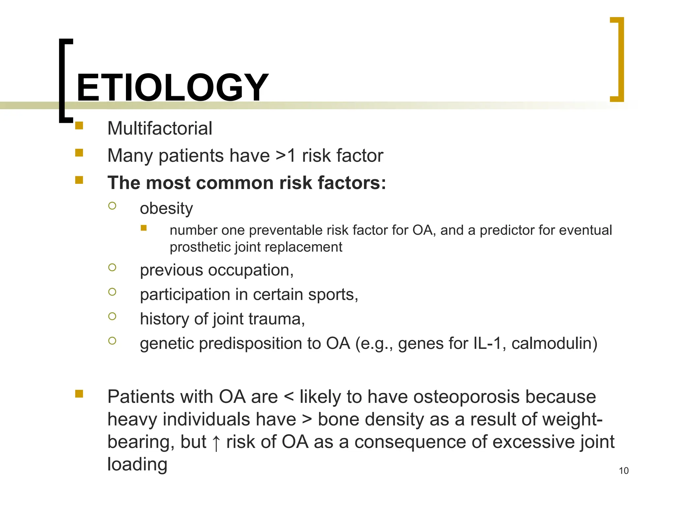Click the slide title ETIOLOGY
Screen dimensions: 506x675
(172, 88)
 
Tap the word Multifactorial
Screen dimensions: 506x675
(160, 128)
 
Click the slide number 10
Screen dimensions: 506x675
(624, 470)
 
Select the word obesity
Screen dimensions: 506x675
(166, 209)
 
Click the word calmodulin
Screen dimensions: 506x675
(554, 343)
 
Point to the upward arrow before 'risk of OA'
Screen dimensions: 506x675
(216, 442)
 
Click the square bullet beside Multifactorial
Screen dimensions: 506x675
(79, 126)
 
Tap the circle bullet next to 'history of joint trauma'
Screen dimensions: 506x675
(112, 316)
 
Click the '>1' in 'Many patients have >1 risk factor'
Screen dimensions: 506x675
(285, 155)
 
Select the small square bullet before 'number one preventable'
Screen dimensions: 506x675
(143, 228)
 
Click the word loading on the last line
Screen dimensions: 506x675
(137, 464)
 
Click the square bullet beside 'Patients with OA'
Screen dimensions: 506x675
(79, 394)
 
